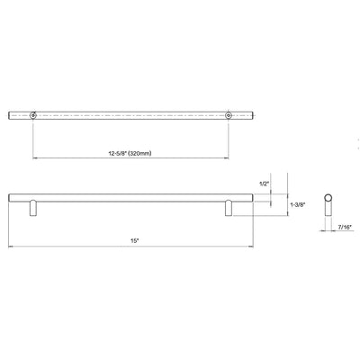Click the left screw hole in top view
(x=34, y=114)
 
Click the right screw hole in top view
(x=228, y=114)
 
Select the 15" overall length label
(x=132, y=239)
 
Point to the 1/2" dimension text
(x=263, y=184)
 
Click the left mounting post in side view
(x=34, y=207)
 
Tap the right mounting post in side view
(x=228, y=207)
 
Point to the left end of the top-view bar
(x=10, y=114)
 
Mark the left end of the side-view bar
(x=10, y=196)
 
